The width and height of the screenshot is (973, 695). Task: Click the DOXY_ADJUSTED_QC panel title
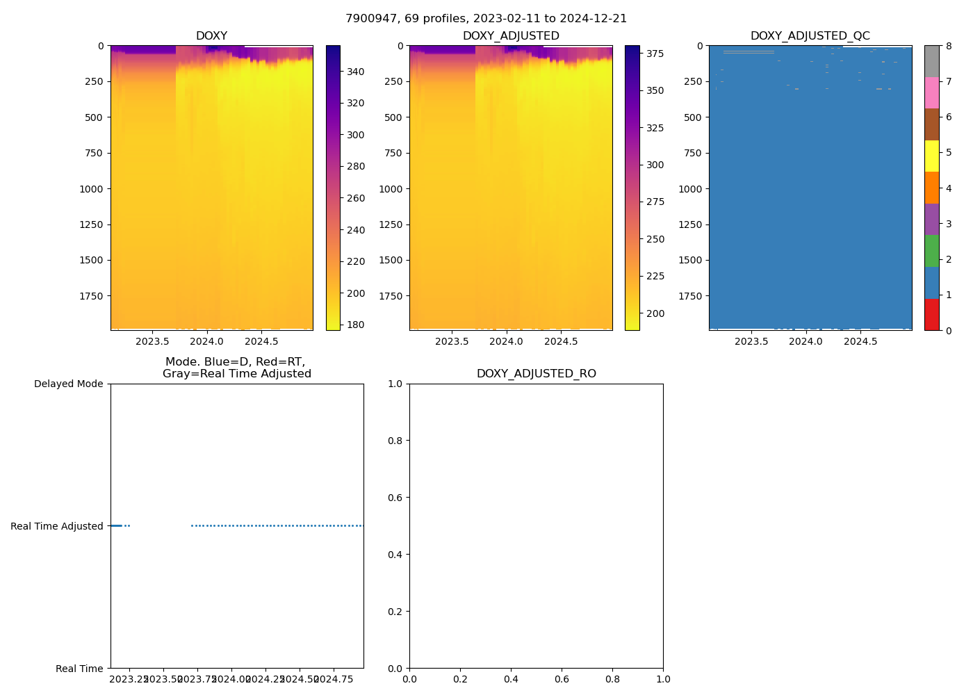810,36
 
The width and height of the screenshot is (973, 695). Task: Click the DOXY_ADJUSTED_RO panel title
536,374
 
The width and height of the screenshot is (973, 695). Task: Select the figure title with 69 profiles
486,19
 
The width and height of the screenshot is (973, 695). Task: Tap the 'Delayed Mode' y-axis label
68,384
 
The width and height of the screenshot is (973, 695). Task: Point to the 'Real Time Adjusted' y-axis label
57,526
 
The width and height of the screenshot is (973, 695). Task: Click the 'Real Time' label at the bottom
79,669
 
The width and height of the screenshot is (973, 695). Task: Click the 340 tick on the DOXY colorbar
356,72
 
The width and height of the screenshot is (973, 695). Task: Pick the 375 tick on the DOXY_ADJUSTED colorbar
655,54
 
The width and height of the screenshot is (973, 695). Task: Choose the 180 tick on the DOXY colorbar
356,325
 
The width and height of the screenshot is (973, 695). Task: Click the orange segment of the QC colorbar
931,188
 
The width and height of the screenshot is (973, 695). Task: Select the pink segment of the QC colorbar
931,92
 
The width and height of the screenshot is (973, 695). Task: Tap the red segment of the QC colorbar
931,314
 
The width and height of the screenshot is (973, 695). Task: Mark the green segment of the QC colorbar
931,251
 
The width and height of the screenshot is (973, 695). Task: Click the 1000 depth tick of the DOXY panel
90,189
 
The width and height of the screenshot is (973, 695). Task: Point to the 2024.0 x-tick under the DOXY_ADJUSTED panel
506,341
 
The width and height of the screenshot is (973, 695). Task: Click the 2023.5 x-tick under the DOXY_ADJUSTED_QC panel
751,341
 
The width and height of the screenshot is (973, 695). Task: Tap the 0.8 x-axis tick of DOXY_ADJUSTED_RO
612,679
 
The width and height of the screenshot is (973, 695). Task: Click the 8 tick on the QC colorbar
949,46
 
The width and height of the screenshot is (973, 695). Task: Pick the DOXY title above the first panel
211,36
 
